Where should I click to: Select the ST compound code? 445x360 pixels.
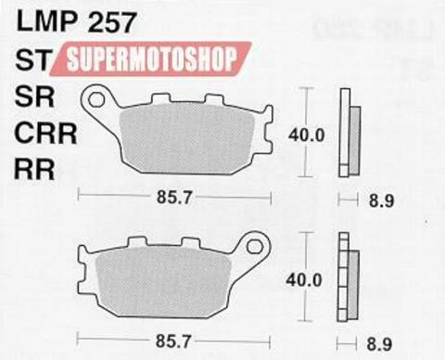32,62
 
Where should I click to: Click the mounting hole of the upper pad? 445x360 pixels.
95,96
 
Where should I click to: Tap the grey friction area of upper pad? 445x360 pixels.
185,135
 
